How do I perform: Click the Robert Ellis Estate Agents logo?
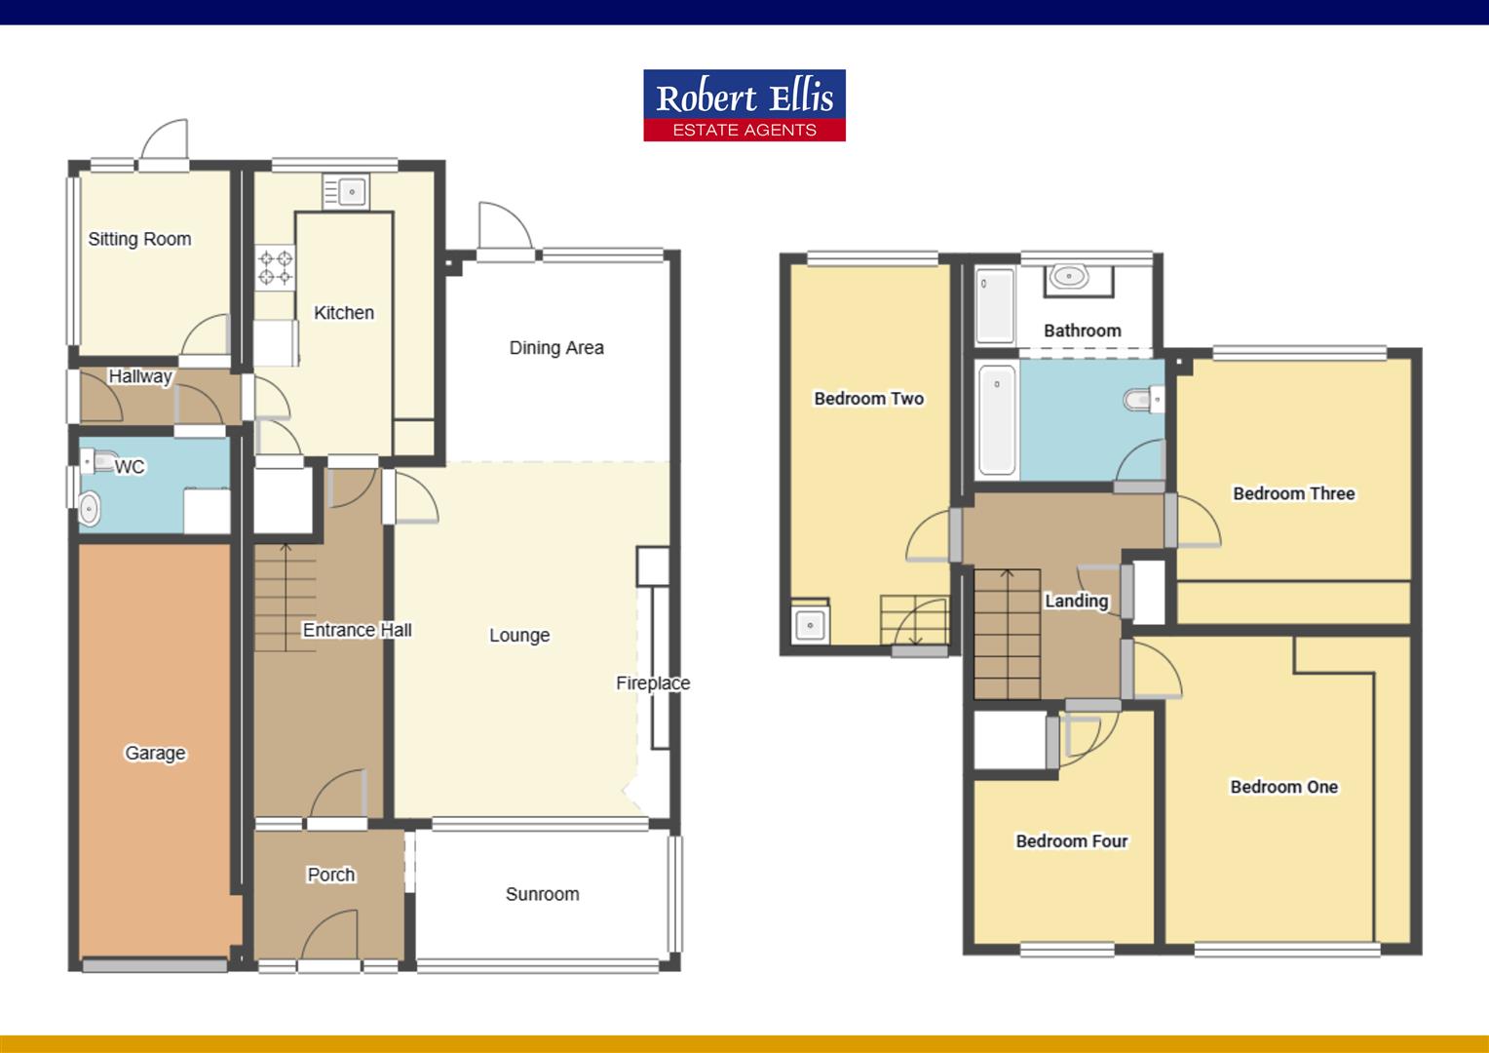[x=744, y=105]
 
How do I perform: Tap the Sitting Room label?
[x=139, y=239]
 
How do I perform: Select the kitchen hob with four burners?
[x=275, y=267]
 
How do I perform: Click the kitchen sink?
[x=346, y=191]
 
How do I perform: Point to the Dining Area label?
[x=556, y=348]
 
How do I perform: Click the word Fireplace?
[x=652, y=683]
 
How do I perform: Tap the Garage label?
[x=155, y=753]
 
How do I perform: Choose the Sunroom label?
[x=542, y=894]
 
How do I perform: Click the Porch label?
[x=331, y=875]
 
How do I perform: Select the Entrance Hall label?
[x=357, y=630]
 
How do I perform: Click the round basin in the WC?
[x=90, y=508]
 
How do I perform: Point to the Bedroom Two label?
[x=868, y=398]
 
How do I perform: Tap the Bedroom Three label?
[x=1293, y=493]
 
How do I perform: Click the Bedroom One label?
[x=1283, y=787]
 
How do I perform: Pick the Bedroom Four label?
[x=1071, y=840]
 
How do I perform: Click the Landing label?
[x=1076, y=601]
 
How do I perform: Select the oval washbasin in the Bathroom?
[x=1069, y=276]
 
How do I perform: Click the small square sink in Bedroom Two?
[x=810, y=625]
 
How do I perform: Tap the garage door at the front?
[x=154, y=965]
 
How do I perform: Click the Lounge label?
[x=519, y=636]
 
